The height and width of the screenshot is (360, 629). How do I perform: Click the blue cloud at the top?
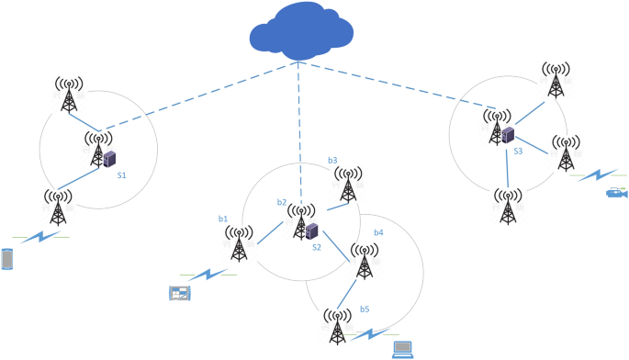[x=300, y=34]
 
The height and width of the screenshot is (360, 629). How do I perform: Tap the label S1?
[x=121, y=174]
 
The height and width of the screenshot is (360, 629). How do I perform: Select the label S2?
[x=316, y=247]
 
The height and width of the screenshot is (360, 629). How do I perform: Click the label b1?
[x=222, y=219]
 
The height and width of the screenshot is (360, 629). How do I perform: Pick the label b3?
[x=332, y=161]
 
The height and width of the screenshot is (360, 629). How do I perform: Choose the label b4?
[x=377, y=233]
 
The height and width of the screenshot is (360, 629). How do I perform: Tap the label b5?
[x=365, y=309]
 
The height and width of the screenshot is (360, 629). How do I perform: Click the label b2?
[x=282, y=201]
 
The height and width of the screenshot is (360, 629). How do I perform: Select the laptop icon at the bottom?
[x=402, y=348]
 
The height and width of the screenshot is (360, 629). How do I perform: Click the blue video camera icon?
[x=615, y=194]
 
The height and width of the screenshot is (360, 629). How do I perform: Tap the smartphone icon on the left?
[x=8, y=260]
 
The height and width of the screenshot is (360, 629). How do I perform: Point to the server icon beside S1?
[x=110, y=159]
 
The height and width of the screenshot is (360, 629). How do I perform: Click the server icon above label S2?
[x=312, y=231]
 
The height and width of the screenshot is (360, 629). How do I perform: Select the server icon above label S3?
[x=507, y=135]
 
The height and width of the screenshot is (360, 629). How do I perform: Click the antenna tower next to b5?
[x=339, y=328]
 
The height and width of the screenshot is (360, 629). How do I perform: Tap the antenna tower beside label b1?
[x=238, y=244]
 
